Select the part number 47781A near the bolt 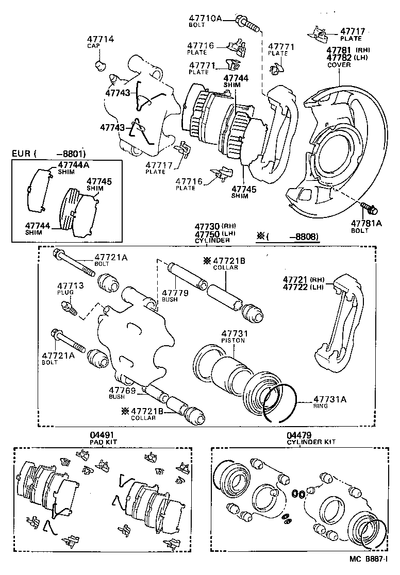(366, 223)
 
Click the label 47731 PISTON (233, 336)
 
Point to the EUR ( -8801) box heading (49, 154)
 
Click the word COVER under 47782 (338, 65)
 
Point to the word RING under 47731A (321, 405)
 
